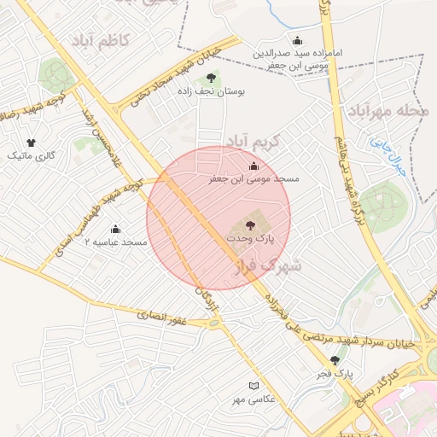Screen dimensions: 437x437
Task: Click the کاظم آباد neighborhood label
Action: pos(100,41)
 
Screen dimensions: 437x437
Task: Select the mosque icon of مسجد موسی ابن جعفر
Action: pos(253,166)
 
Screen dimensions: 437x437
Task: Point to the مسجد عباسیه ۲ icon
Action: pos(116,229)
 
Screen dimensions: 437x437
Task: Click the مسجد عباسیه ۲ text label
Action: pos(116,243)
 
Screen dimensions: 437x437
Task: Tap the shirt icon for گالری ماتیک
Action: pos(32,143)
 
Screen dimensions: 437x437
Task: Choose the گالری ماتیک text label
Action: pos(32,157)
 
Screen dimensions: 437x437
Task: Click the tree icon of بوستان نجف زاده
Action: pos(211,80)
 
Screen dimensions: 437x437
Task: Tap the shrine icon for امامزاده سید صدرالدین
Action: pos(297,40)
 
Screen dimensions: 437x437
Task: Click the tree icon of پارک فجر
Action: pos(335,360)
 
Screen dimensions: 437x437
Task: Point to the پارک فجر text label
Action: pos(335,374)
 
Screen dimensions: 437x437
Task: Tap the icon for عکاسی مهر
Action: pos(252,386)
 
